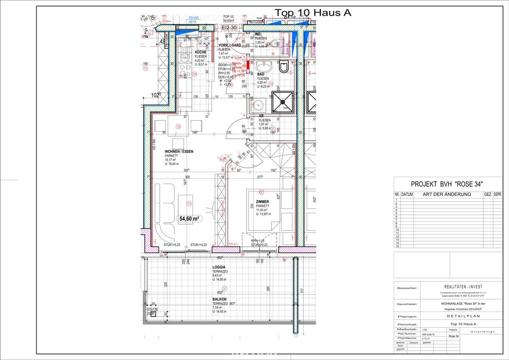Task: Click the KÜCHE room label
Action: click(201, 52)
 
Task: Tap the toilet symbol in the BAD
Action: click(284, 66)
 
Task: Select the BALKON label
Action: click(220, 299)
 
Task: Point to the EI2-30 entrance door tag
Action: click(229, 27)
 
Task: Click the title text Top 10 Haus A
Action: click(313, 13)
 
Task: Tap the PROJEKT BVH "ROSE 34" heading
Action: click(448, 184)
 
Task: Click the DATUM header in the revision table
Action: click(407, 194)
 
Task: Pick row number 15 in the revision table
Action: click(397, 246)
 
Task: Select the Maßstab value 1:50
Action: click(425, 329)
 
